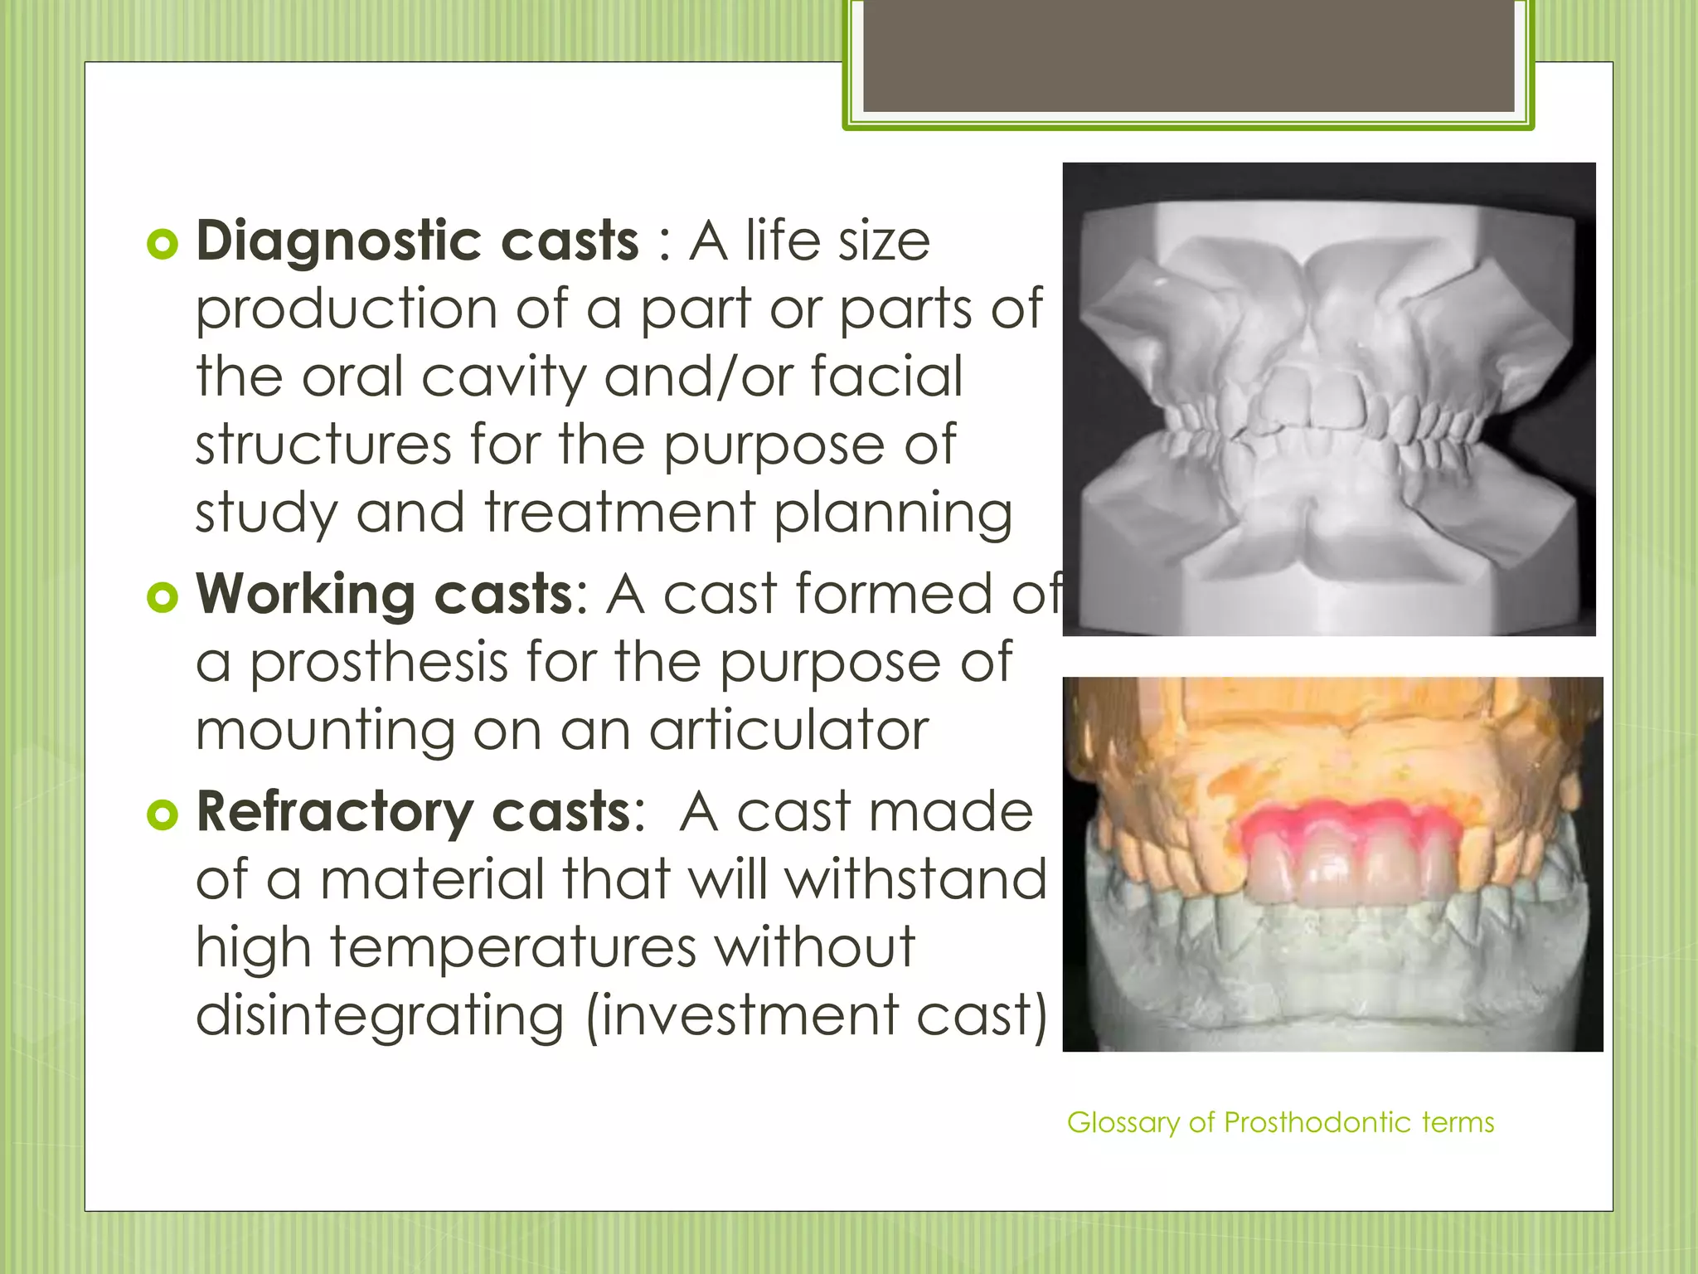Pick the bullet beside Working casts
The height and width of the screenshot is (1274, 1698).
tap(163, 598)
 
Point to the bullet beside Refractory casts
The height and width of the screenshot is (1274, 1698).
tap(163, 815)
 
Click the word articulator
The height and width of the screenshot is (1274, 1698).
tap(788, 731)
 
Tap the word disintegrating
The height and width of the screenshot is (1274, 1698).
tap(380, 1016)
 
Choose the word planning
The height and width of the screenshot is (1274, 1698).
tap(893, 513)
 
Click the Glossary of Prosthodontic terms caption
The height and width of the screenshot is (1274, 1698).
tap(1280, 1123)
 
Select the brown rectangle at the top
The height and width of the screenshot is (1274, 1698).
tap(1189, 56)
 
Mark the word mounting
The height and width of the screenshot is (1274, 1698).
tap(326, 732)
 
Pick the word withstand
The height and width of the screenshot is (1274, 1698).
tap(916, 879)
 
